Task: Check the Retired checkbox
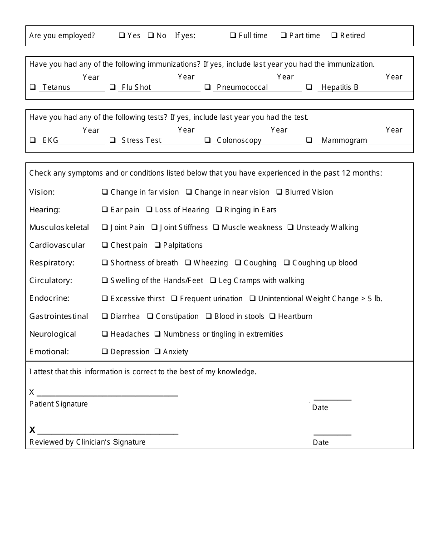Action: (x=334, y=35)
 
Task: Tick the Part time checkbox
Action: (x=283, y=35)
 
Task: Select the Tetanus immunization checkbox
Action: (x=33, y=87)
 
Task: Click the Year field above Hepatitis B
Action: (x=394, y=77)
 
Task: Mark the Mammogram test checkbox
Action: (x=309, y=140)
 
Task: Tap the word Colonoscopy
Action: (x=239, y=140)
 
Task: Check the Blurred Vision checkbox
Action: (x=279, y=192)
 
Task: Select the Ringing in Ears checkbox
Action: (x=219, y=210)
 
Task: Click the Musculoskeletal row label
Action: (x=59, y=227)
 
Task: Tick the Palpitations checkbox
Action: (x=157, y=245)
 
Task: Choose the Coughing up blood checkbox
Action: (x=287, y=263)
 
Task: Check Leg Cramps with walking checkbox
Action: (x=213, y=280)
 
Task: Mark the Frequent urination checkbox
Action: (x=174, y=299)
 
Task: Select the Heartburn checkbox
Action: (x=273, y=316)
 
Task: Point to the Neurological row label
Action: (x=53, y=334)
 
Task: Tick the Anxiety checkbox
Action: (x=157, y=352)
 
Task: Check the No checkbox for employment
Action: (x=151, y=35)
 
